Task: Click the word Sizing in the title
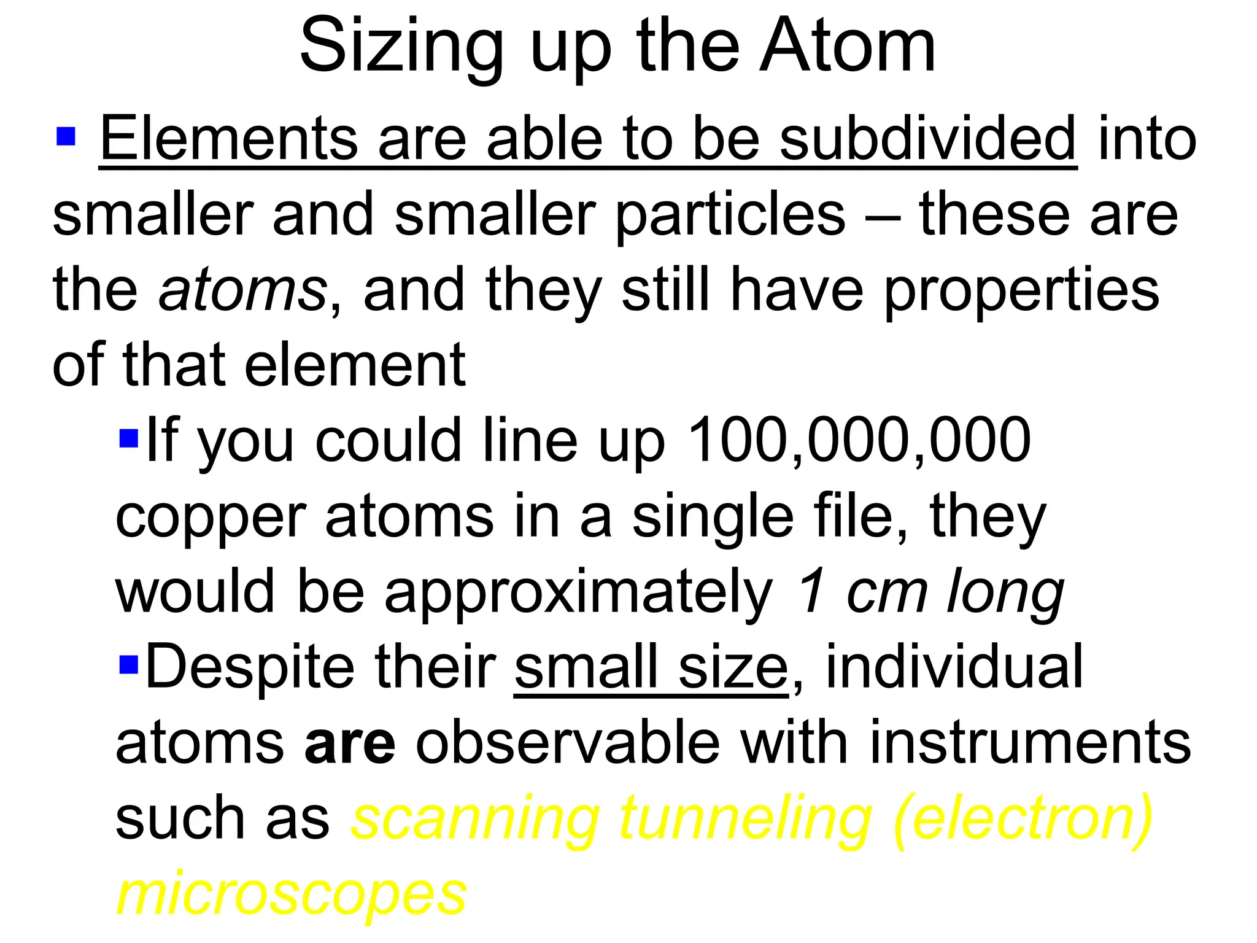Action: [x=401, y=48]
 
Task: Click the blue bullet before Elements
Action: [x=66, y=137]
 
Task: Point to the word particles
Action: [x=730, y=215]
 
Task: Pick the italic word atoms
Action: [x=242, y=290]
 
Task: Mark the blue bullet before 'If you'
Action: [x=129, y=438]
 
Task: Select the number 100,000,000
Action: [x=859, y=440]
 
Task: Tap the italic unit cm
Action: [x=886, y=593]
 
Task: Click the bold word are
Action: [x=350, y=744]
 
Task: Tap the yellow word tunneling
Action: [x=745, y=820]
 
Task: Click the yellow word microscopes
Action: [x=292, y=894]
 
